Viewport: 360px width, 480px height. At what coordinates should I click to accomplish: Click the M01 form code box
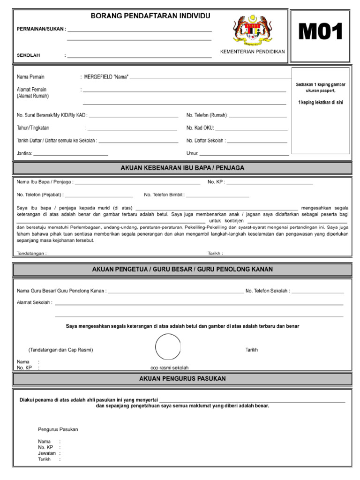(x=321, y=33)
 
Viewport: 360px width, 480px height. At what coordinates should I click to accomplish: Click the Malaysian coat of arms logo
(x=252, y=30)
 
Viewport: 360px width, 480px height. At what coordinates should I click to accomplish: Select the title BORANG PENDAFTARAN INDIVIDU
(x=150, y=16)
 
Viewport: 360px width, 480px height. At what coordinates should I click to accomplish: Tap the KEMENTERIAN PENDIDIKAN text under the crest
(x=252, y=52)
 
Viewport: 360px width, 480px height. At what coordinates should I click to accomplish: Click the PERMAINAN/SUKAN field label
(x=41, y=29)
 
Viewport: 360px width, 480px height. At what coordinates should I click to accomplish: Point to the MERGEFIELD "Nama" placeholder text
(x=106, y=77)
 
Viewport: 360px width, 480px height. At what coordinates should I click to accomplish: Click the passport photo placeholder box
(x=321, y=110)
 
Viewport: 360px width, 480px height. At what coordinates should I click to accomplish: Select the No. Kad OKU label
(x=200, y=127)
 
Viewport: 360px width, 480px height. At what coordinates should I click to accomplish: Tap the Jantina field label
(x=24, y=153)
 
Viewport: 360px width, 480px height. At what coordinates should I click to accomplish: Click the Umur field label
(x=193, y=153)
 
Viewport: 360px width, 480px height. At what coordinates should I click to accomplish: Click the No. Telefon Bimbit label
(x=164, y=195)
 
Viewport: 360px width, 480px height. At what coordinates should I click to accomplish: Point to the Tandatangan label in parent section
(x=31, y=253)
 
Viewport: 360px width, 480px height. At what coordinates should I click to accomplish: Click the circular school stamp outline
(x=168, y=347)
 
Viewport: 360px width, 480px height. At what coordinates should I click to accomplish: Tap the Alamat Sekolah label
(x=34, y=302)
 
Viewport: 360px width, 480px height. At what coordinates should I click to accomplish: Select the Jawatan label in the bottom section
(x=47, y=453)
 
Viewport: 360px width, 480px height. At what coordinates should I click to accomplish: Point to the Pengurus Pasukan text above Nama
(x=58, y=429)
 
